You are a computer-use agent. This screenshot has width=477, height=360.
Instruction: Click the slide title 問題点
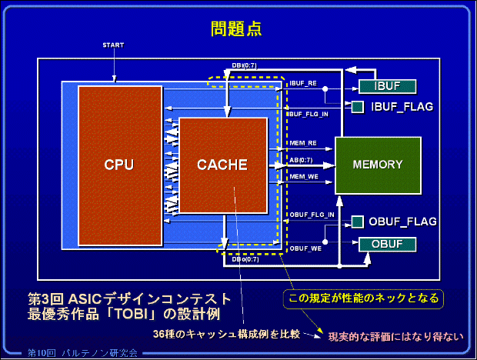tap(236, 29)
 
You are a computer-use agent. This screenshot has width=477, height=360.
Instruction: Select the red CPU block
tap(119, 165)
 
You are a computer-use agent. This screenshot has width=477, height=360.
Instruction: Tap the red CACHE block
tap(222, 165)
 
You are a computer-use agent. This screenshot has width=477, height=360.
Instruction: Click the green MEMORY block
tap(378, 165)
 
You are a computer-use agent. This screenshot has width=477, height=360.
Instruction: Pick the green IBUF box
tap(388, 86)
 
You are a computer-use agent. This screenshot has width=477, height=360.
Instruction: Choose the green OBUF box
tap(388, 245)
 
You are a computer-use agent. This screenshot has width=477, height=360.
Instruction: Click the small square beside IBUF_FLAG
tap(358, 105)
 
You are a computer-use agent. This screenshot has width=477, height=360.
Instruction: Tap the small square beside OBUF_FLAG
tap(357, 222)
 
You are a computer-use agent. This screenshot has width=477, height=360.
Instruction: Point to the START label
tap(113, 45)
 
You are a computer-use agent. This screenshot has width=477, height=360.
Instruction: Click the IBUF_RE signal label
tap(302, 83)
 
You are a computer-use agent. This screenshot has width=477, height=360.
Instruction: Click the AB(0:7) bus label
tap(301, 160)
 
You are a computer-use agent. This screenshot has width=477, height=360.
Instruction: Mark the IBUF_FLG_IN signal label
tap(309, 115)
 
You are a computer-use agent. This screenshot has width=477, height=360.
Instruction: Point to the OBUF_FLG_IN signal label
tap(311, 214)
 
